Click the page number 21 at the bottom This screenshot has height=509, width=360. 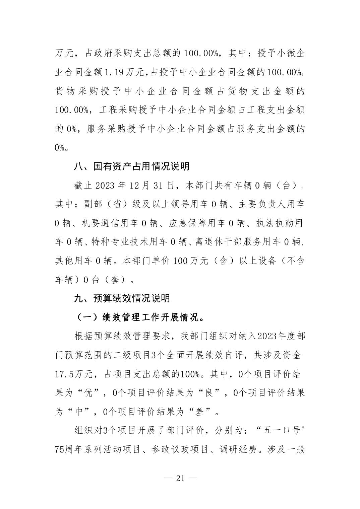180,478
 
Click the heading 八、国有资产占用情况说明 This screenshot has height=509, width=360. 131,166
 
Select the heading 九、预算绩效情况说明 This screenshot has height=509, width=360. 122,298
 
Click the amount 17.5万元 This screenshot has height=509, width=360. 72,374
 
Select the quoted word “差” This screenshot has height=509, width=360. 200,412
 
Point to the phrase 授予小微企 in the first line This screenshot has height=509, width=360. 281,53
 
